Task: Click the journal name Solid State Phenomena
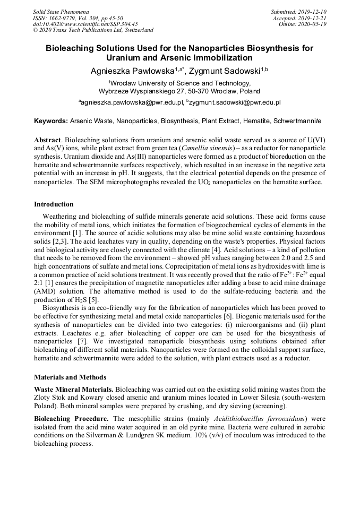pos(61,11)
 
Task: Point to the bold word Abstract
pos(47,139)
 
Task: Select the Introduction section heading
pos(54,204)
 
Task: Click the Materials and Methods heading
pos(70,377)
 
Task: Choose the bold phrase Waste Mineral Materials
pos(73,390)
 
